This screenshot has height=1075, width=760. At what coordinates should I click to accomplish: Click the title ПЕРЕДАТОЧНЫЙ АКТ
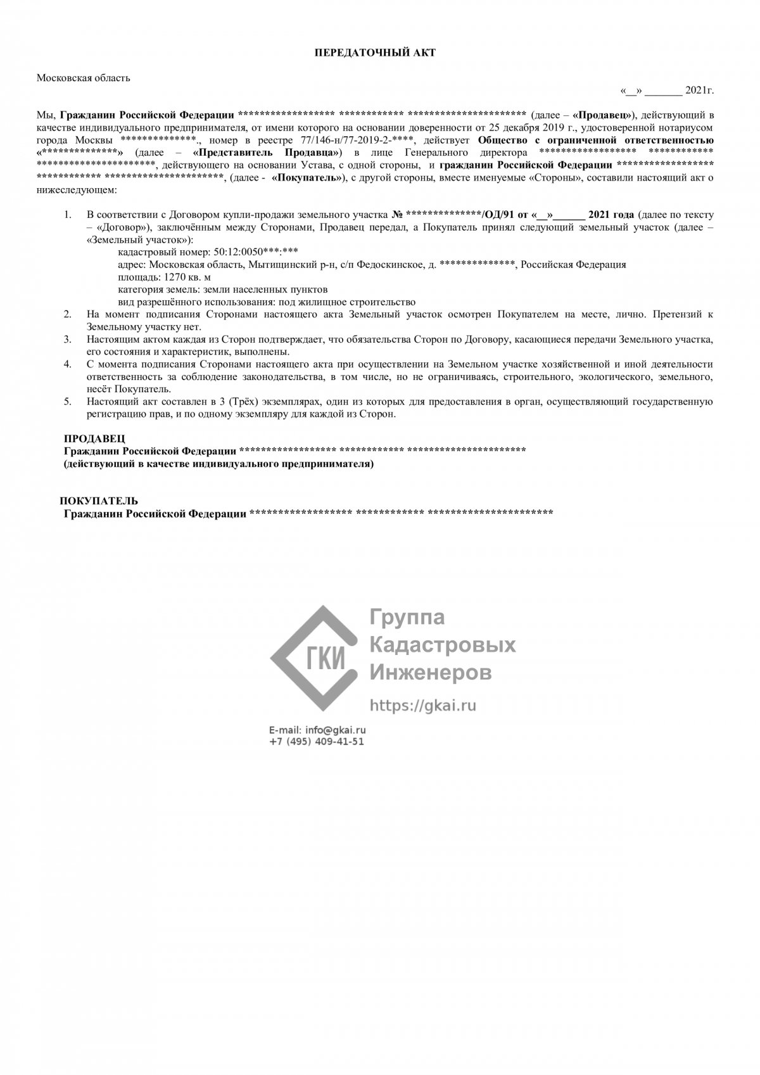[x=375, y=53]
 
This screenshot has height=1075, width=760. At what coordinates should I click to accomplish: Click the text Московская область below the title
[x=83, y=78]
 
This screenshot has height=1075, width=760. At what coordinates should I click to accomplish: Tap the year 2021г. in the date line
[x=699, y=91]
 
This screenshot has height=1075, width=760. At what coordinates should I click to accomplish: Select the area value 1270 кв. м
[x=187, y=277]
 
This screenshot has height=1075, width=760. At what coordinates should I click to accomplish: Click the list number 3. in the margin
[x=68, y=340]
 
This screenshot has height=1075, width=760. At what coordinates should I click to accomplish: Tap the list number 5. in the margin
[x=68, y=402]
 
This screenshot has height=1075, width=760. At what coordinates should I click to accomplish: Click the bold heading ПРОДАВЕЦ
[x=94, y=438]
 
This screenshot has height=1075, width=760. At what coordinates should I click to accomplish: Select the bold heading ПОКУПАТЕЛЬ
[x=99, y=501]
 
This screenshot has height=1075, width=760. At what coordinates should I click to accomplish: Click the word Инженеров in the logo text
[x=430, y=672]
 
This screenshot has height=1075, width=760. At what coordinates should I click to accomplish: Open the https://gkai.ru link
[x=422, y=705]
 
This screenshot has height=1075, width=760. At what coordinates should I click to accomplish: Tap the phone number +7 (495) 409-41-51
[x=317, y=742]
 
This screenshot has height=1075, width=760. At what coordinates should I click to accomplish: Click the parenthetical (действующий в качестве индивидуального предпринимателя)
[x=218, y=464]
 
